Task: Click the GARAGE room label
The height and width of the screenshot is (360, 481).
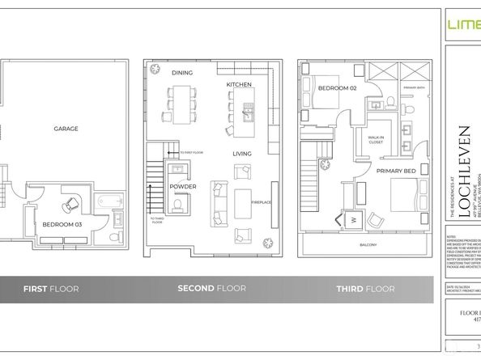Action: (66, 129)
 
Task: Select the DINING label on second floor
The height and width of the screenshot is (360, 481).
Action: (181, 73)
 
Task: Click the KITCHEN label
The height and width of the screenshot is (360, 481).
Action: (239, 84)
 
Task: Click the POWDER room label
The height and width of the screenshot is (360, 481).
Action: (183, 185)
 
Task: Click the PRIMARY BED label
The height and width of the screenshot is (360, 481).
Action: (395, 171)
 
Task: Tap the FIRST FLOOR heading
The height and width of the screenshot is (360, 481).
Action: (49, 289)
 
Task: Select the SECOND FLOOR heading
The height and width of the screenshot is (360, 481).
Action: (212, 289)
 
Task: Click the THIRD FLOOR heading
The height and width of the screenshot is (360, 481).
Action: (365, 289)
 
